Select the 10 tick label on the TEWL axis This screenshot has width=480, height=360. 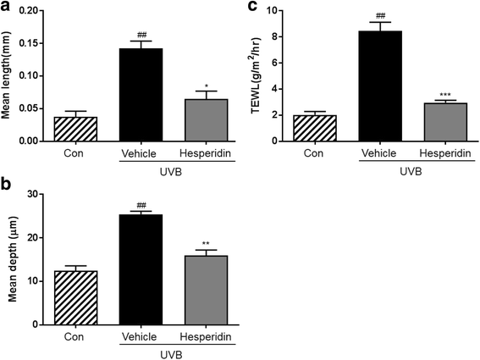[284, 11]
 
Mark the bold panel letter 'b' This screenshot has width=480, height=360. [6, 183]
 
